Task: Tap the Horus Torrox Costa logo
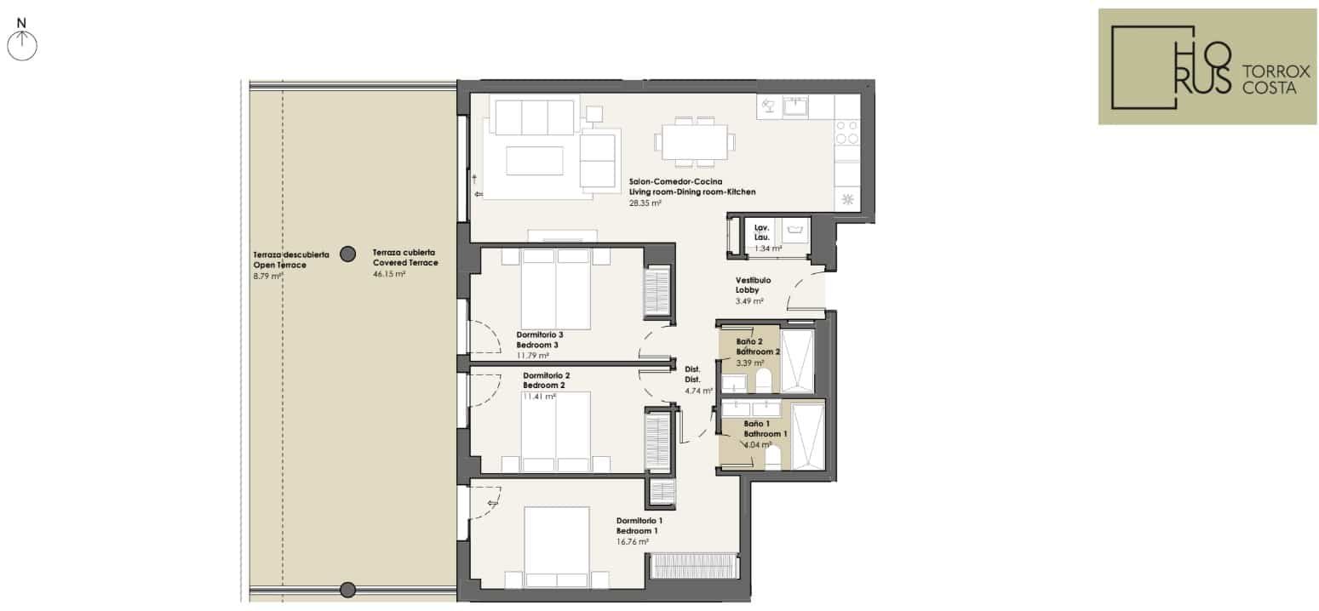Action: coord(1207,66)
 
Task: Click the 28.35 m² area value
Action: coord(645,203)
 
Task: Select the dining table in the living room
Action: coord(694,142)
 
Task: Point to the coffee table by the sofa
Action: coord(534,161)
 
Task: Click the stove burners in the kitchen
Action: coord(847,133)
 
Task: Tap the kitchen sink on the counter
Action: coord(795,106)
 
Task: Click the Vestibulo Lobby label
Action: coord(753,285)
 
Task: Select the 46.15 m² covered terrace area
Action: coord(388,274)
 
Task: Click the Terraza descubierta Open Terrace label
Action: coord(291,260)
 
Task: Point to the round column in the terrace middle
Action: coord(348,254)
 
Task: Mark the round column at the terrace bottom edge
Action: coord(348,589)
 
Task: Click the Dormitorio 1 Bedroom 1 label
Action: coord(639,526)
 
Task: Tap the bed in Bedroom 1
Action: coord(556,547)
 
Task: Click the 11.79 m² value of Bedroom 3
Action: coord(532,356)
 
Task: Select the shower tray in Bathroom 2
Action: coord(797,361)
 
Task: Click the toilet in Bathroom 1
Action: coord(772,458)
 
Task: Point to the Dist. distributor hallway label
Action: coord(692,374)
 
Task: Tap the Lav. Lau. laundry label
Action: coord(762,232)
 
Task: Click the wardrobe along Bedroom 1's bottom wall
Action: coord(694,565)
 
